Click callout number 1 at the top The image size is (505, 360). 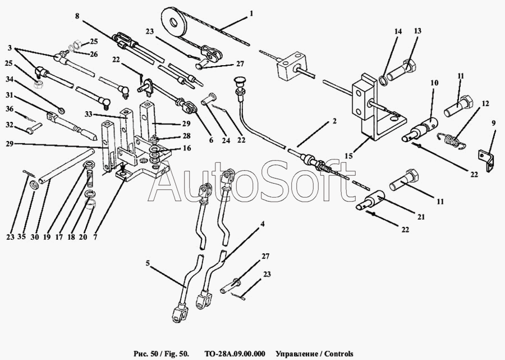tap(251, 12)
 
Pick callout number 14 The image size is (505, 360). tap(398, 33)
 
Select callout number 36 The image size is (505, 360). tap(10, 109)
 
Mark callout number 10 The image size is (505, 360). tap(434, 83)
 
